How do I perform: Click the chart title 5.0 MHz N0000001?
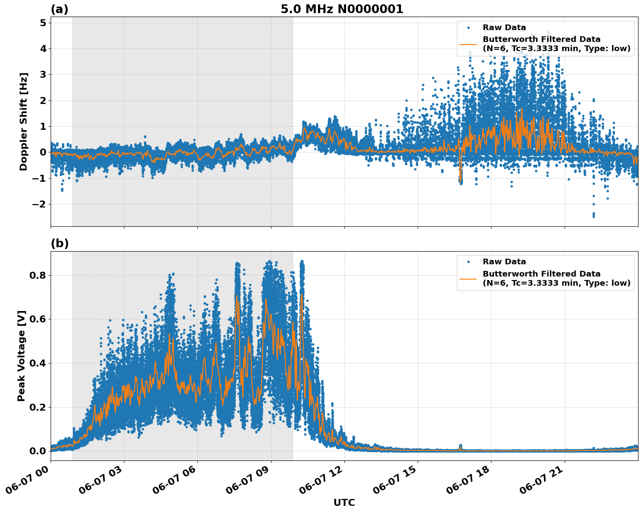click(x=342, y=9)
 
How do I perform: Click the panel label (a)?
click(x=59, y=9)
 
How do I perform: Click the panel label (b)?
click(x=59, y=243)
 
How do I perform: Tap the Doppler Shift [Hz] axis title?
click(x=24, y=121)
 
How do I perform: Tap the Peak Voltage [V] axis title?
click(x=21, y=356)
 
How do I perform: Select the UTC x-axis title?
click(x=344, y=502)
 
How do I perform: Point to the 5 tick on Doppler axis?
click(x=43, y=23)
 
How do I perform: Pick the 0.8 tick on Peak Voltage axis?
click(x=38, y=275)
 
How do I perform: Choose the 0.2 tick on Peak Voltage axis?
click(x=38, y=407)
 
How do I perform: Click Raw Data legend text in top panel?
click(x=504, y=28)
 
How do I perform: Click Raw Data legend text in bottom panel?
click(x=504, y=262)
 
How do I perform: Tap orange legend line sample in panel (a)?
click(x=468, y=44)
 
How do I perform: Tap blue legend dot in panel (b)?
click(x=468, y=262)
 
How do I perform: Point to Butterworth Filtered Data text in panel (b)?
click(x=541, y=274)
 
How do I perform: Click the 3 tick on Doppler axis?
click(x=43, y=74)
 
